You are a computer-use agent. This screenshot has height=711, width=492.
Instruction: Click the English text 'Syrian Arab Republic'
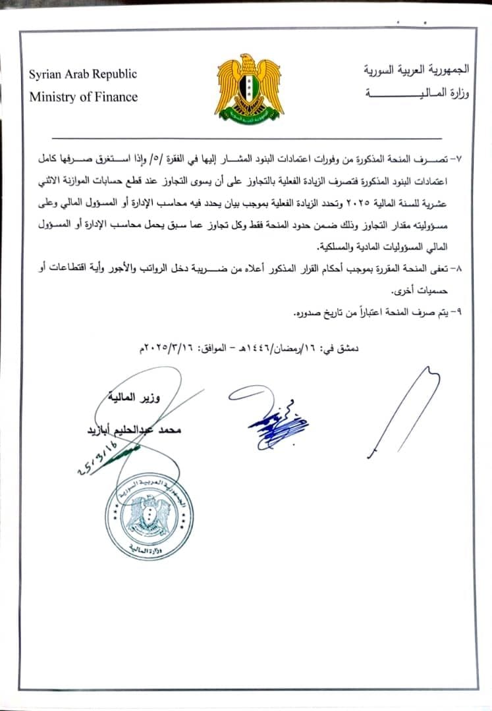tap(82, 74)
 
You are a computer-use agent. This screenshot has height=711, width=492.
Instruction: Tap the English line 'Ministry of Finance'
tap(83, 97)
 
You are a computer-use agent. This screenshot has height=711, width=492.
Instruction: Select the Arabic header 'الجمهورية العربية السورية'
tap(418, 69)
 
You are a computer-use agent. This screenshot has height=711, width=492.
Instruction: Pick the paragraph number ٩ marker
tap(457, 313)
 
